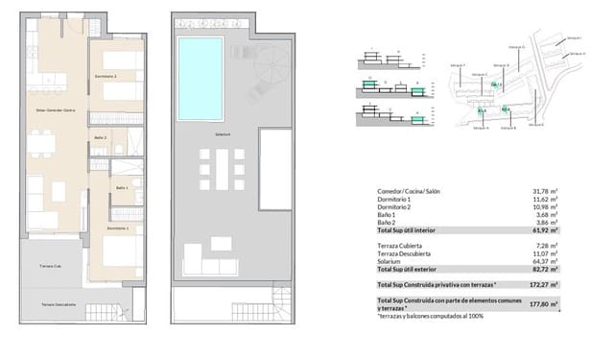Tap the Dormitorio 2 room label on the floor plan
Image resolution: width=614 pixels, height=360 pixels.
click(x=106, y=74)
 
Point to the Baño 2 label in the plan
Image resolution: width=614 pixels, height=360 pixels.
click(x=100, y=137)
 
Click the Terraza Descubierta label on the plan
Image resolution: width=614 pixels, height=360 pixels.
click(x=58, y=303)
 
